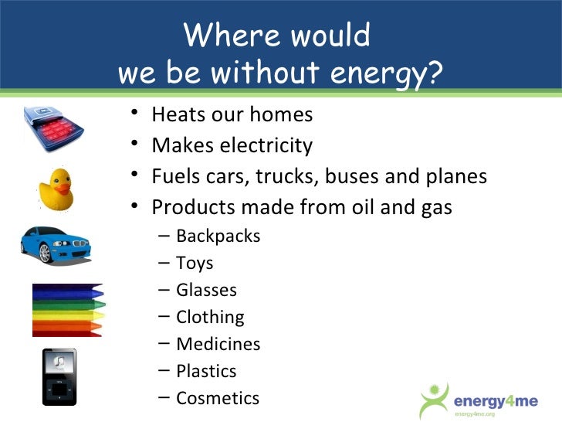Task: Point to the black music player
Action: click(x=59, y=376)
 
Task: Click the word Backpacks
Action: click(x=218, y=236)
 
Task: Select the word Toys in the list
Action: click(x=195, y=263)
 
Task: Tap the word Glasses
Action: click(x=206, y=290)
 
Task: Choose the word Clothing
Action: click(x=210, y=317)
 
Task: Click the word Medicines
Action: click(x=218, y=344)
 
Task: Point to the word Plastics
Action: click(x=206, y=371)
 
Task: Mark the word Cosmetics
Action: click(x=218, y=398)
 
